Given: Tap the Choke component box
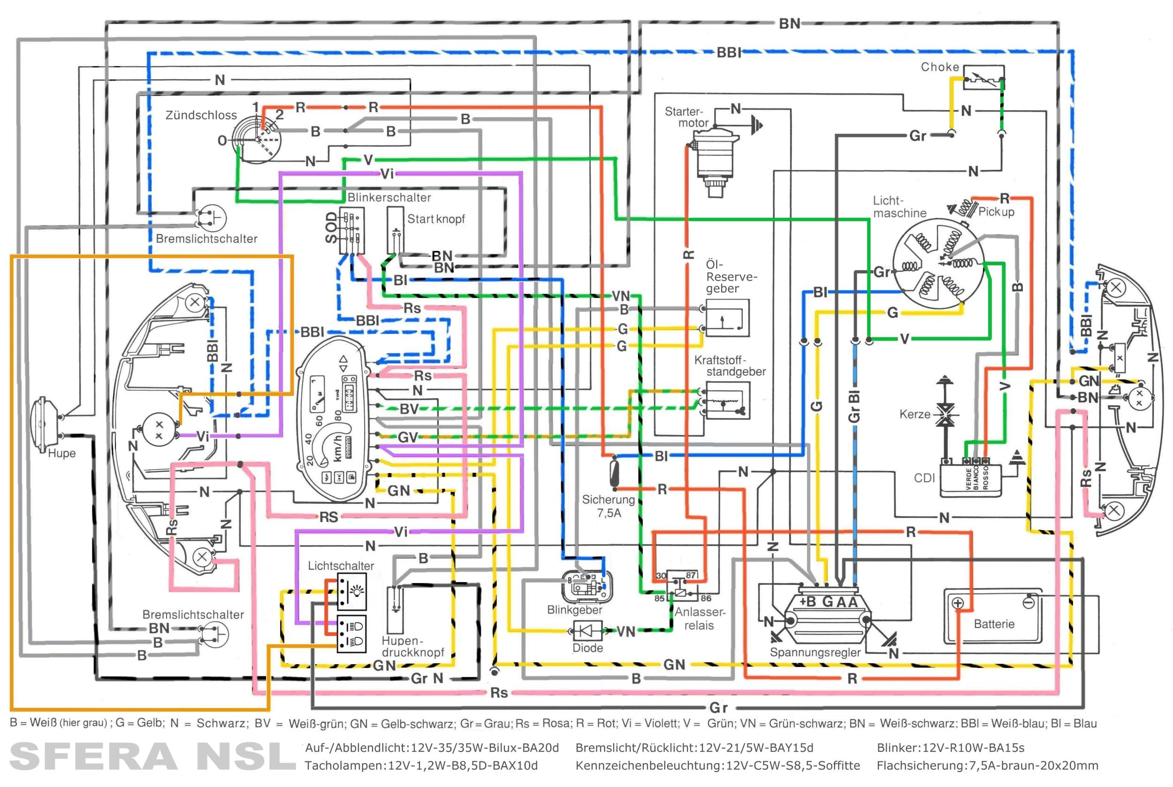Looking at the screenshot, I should pos(983,78).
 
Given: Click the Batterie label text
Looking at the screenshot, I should pos(993,624).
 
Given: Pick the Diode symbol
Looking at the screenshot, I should pos(587,630).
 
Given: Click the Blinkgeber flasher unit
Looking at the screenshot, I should pos(586,586).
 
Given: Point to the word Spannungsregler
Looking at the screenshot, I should pos(815,652).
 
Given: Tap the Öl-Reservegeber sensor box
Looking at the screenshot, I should pos(727,318).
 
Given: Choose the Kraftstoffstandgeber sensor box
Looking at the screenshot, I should pos(727,401).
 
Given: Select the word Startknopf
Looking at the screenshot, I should pos(435,219).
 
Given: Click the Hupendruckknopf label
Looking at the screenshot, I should pos(412,646).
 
